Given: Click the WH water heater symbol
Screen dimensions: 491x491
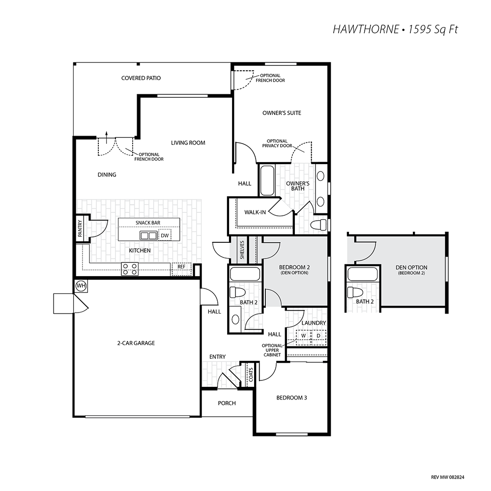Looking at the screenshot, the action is coord(81,286).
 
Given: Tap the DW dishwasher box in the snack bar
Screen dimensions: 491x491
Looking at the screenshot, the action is coord(165,235).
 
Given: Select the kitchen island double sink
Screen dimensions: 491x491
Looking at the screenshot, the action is coord(148,235).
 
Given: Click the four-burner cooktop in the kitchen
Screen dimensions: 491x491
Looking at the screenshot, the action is coord(130,269).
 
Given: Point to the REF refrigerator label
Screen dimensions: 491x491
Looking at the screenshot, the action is coord(181,266).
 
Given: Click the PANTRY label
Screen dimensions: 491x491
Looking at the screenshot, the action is coord(80,228).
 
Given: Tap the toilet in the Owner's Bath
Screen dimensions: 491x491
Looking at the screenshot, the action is coord(318,224).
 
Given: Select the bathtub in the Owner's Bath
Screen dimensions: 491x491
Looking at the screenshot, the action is coord(267,180).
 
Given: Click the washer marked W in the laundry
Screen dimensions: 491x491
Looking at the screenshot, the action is coord(303,336).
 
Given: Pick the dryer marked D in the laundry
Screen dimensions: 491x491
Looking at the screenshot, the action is coord(318,336).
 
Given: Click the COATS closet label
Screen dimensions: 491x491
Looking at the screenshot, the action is coord(251,375).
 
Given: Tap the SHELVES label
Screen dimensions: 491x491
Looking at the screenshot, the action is coord(242,250).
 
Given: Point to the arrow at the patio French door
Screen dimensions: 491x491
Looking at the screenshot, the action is coord(107,138).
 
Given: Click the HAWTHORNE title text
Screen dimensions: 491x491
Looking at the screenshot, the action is coord(366,29).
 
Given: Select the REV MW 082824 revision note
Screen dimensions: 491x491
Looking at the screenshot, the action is coord(447,477).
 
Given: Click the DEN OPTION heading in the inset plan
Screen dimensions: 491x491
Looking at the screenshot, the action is coord(411,267).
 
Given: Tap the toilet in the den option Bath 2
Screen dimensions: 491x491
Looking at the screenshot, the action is coord(355,292).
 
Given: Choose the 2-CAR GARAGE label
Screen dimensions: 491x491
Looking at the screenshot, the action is coord(136,343).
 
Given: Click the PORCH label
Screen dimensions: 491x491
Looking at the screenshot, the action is coord(227,403).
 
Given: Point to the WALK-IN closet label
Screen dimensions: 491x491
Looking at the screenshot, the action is coord(255,212).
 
